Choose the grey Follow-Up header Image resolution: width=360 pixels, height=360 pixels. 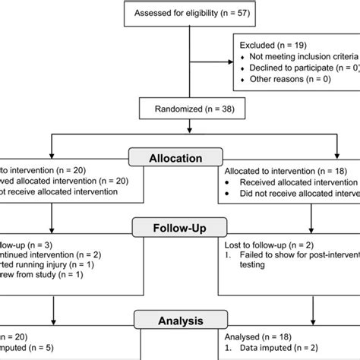coord(178,227)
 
